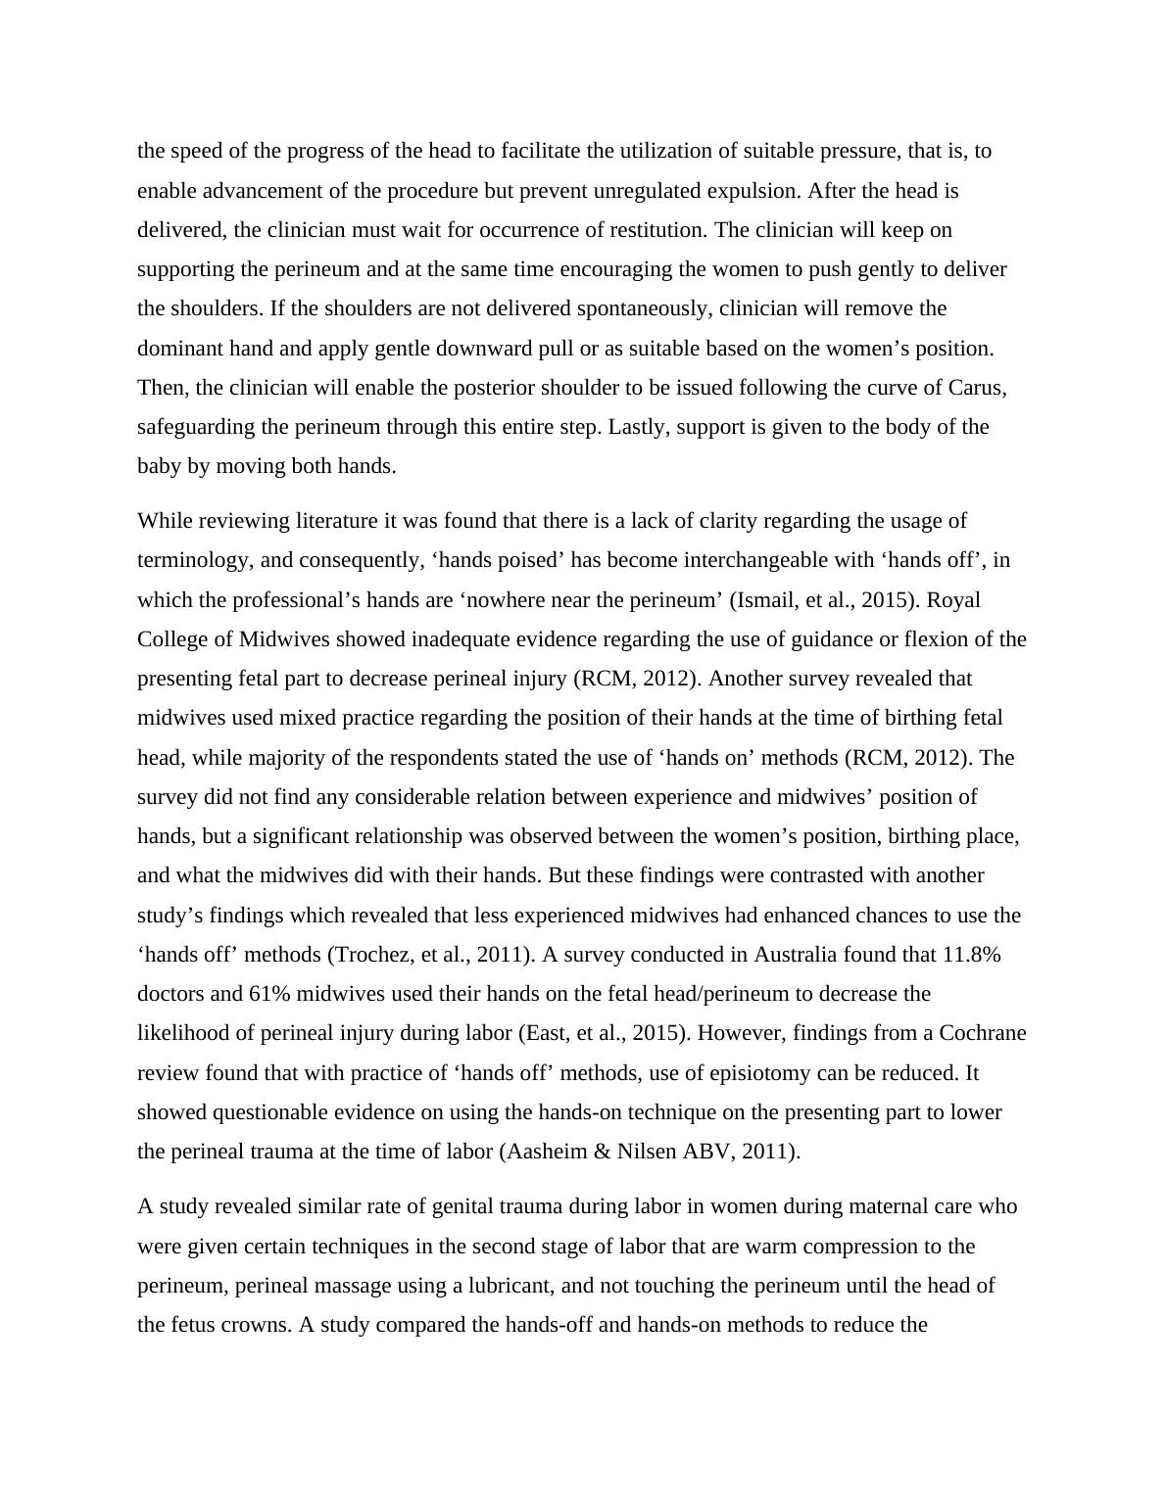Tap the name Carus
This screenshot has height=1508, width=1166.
pos(976,388)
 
